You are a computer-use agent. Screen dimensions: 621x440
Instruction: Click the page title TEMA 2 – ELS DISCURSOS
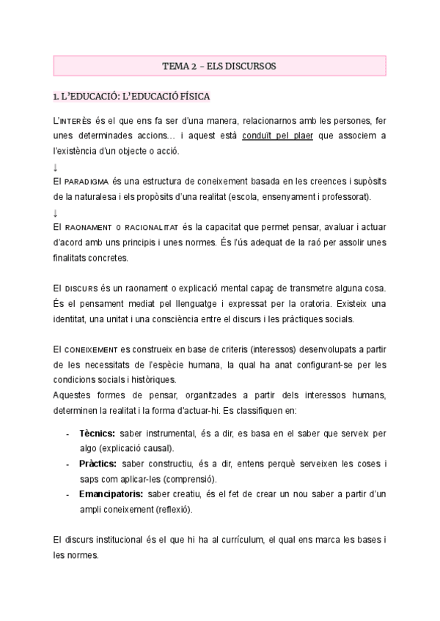(x=219, y=66)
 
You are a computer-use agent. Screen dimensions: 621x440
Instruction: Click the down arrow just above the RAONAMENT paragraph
(x=56, y=213)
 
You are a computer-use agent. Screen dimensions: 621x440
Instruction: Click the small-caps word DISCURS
(x=82, y=289)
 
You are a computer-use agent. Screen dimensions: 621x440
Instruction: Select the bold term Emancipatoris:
(x=111, y=494)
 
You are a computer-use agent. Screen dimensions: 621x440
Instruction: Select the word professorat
(x=345, y=196)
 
